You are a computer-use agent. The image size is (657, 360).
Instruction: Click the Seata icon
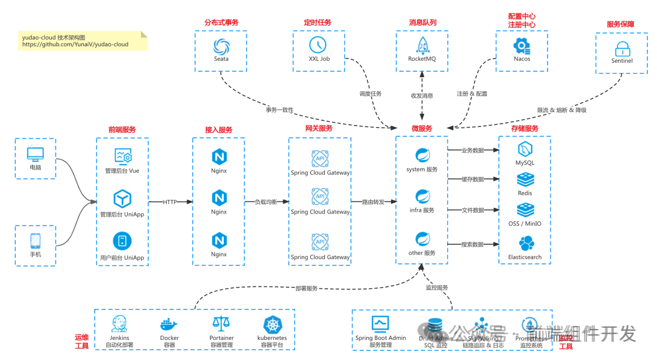[221, 46]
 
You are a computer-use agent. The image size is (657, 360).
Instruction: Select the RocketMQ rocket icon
[422, 45]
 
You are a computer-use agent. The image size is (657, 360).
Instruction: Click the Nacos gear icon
[521, 46]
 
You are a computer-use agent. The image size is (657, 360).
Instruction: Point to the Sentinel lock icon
[622, 49]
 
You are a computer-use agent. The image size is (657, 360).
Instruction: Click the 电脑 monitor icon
[35, 154]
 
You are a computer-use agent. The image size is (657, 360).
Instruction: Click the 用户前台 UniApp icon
[123, 241]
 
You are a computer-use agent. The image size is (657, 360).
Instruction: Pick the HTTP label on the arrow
[170, 202]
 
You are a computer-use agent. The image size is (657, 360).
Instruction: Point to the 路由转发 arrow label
[373, 202]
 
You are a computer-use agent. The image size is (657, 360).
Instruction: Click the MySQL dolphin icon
[525, 150]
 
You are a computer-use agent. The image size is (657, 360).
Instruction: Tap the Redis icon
[525, 180]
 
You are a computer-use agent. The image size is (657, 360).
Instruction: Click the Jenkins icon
[119, 324]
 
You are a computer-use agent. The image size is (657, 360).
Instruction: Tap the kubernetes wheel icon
[273, 324]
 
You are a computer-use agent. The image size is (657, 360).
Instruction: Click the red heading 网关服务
[319, 129]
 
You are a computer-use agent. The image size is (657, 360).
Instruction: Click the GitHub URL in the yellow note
[75, 44]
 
